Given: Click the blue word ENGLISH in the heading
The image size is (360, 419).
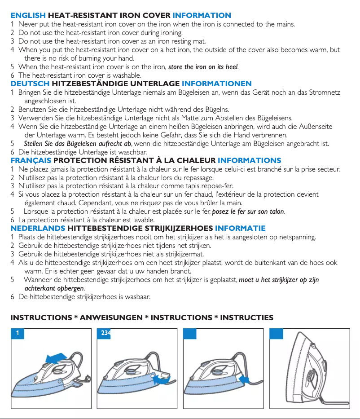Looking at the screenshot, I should tap(28, 16).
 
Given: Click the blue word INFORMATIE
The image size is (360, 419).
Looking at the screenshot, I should tap(240, 228).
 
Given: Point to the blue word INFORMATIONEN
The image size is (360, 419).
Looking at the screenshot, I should tap(216, 84).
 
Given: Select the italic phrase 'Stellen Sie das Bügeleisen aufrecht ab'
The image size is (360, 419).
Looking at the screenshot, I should tap(77, 144).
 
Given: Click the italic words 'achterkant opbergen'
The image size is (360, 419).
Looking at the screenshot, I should tap(54, 288).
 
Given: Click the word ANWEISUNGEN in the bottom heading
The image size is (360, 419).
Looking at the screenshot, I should tap(110, 318).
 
